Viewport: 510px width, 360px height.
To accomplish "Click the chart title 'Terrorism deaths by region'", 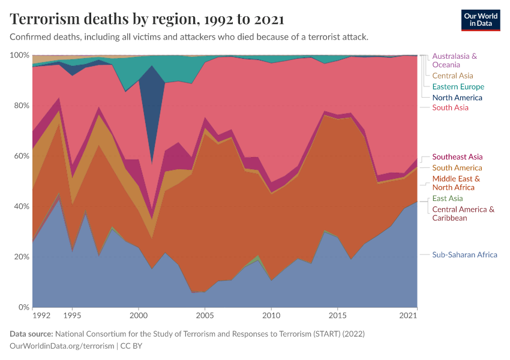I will [x=147, y=19].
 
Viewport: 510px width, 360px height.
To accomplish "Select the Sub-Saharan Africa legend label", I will [x=464, y=254].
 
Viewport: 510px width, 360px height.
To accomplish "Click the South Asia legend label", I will [x=450, y=107].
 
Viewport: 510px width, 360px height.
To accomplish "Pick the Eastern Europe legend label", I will [x=458, y=86].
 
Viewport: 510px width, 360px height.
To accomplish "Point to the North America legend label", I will [x=457, y=97].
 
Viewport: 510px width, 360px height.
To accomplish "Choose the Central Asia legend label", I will [x=452, y=76].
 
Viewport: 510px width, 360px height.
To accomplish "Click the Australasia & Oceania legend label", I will [x=454, y=60].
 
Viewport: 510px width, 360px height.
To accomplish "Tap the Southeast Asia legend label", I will [x=457, y=157].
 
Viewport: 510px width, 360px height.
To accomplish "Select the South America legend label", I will [x=457, y=168].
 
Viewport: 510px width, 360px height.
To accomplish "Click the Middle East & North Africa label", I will [x=456, y=183].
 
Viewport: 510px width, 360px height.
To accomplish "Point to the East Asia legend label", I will [x=447, y=198].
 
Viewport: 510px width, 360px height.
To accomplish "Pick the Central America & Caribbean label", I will [x=463, y=214].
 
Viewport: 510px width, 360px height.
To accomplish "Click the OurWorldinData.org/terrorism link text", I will [x=62, y=346].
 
